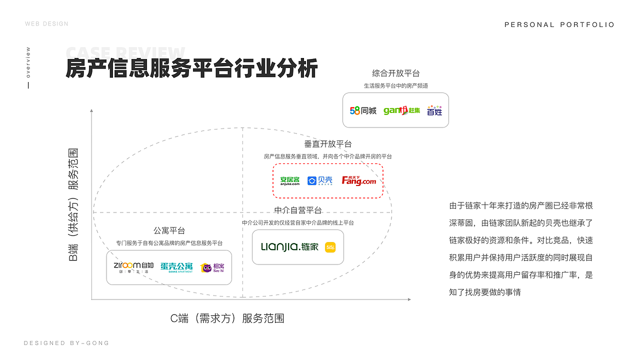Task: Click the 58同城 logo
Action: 363,110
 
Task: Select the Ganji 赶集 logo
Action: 401,110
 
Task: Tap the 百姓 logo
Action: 434,110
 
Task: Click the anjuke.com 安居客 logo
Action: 290,180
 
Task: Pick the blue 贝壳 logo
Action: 320,180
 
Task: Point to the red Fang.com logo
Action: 359,180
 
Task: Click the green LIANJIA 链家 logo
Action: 289,247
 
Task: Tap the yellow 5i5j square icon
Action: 330,247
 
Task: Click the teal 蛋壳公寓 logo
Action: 176,267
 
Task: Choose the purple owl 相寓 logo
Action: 213,267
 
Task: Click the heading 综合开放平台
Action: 395,73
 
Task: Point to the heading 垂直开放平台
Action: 328,144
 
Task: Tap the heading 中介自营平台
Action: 298,210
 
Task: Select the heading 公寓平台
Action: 169,230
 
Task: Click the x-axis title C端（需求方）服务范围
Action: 227,318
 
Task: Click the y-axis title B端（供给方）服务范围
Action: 73,205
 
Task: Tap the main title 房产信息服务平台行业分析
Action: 191,68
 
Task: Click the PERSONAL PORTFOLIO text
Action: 559,24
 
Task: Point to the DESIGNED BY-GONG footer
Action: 66,343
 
